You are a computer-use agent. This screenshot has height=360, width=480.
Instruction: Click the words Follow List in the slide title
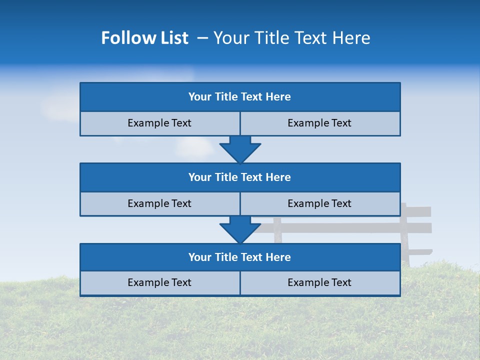tap(144, 38)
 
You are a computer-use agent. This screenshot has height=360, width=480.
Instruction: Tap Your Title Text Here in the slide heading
tap(291, 38)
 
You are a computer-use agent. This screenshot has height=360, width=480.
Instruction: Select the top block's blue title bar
tap(239, 97)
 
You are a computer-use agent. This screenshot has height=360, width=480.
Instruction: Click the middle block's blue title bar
tap(239, 177)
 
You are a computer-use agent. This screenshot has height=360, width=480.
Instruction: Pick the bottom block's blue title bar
tap(239, 257)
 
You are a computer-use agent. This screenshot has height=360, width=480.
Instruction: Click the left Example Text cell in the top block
tap(159, 123)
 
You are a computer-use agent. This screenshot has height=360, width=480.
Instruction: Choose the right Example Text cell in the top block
tap(319, 123)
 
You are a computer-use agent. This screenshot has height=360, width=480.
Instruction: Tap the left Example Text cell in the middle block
tap(159, 203)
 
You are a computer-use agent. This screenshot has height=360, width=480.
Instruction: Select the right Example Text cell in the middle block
tap(319, 203)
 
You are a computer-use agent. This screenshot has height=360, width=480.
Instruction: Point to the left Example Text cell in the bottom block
tap(159, 282)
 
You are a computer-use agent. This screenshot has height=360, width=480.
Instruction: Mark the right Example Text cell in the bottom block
tap(319, 282)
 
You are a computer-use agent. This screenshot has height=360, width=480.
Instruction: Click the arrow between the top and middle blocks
tap(240, 149)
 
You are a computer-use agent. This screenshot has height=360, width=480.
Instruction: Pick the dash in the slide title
tap(203, 38)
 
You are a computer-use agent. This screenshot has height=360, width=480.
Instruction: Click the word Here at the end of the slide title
tap(351, 38)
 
